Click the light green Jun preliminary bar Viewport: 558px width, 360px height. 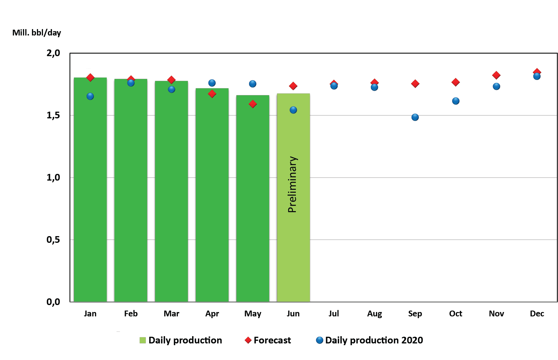(293, 247)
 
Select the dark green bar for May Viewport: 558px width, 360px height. (253, 204)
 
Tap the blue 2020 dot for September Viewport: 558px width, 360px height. (415, 117)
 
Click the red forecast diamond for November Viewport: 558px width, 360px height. (496, 75)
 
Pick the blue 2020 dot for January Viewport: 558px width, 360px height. (90, 96)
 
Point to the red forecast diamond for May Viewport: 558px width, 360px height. (253, 104)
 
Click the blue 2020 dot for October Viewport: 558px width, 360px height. (456, 101)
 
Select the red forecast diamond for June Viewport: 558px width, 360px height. (293, 86)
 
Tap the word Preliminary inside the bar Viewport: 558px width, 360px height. (292, 184)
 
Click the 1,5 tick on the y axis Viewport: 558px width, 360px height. (53, 115)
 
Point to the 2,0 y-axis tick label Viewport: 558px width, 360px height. (53, 53)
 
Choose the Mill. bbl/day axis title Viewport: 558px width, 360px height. (37, 33)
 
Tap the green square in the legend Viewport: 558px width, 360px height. (142, 340)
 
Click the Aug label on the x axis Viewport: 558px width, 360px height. (374, 314)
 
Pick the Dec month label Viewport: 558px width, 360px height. (537, 314)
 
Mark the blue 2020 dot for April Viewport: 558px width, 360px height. (212, 83)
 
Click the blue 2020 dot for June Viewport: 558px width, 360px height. (293, 110)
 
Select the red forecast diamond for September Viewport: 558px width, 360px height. (415, 84)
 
